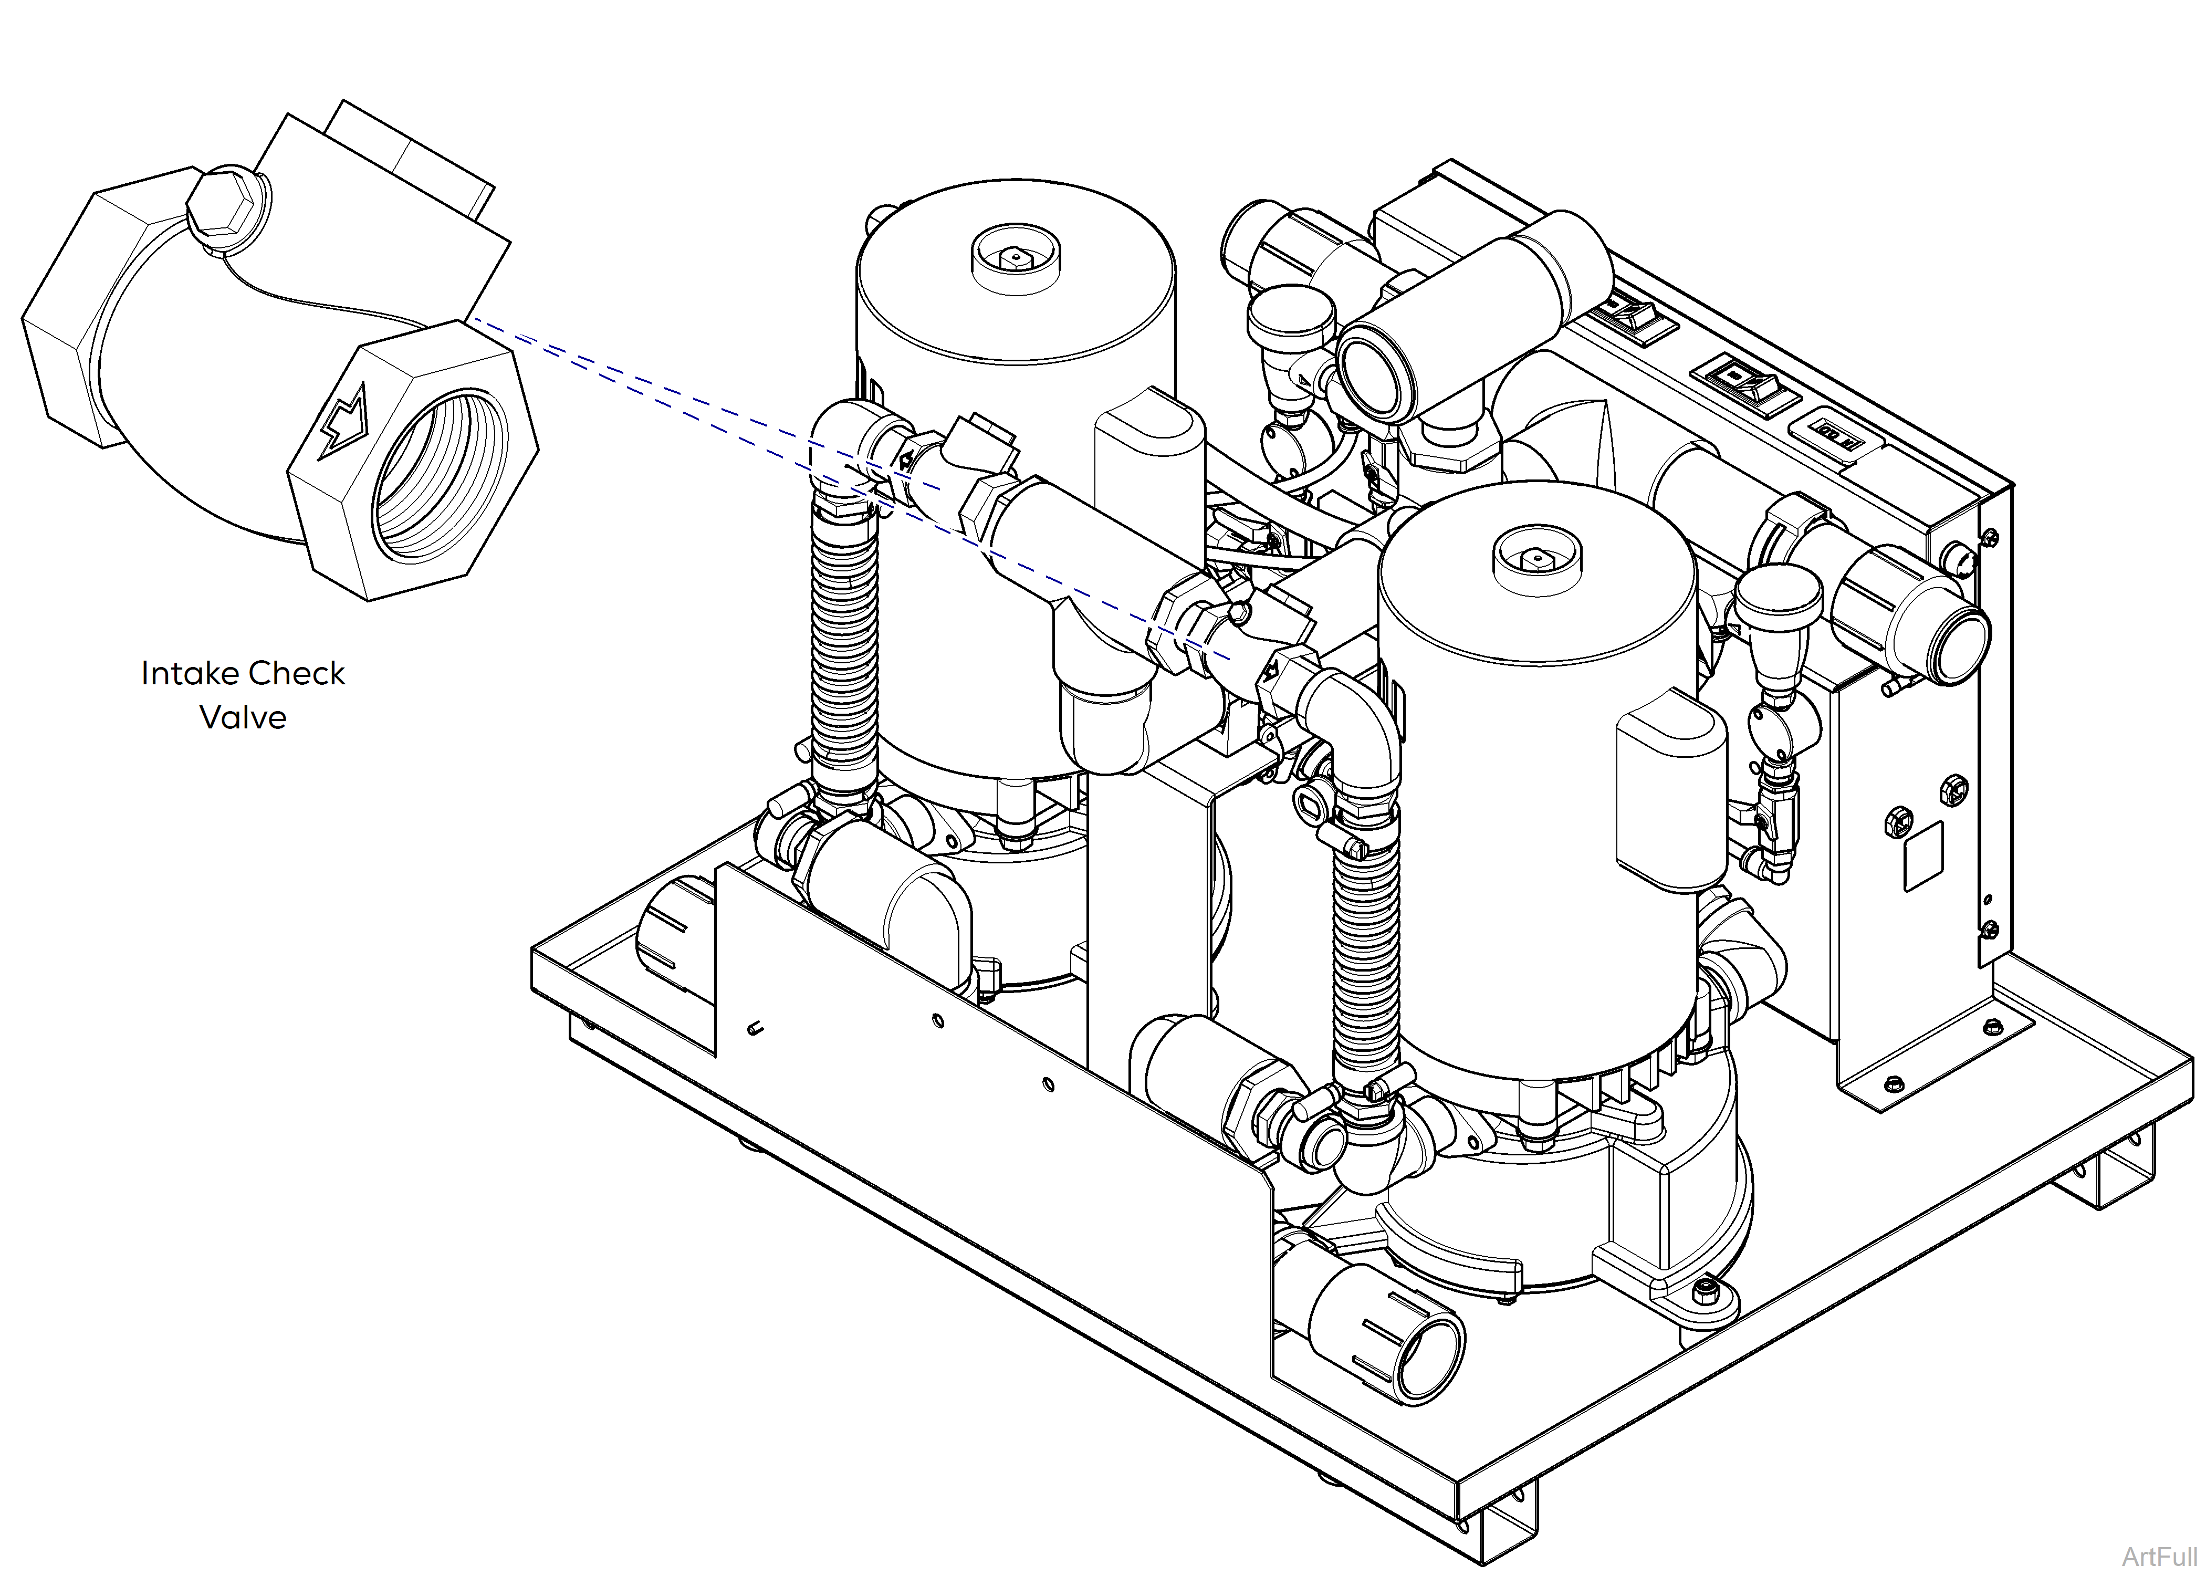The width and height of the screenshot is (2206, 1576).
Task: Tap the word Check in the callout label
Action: tap(298, 673)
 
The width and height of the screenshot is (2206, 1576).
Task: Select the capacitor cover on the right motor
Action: tap(1670, 791)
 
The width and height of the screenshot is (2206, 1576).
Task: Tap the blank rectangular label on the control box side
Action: tap(1923, 856)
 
